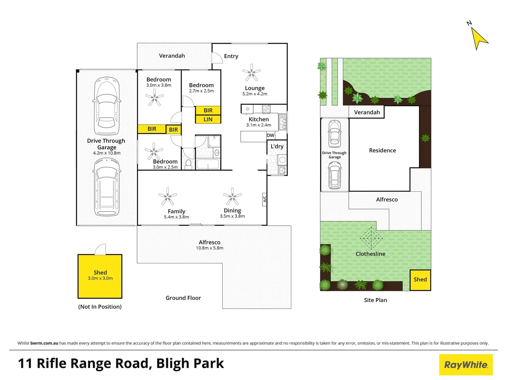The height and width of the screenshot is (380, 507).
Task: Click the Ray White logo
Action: point(466,365)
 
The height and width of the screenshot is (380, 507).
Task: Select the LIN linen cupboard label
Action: point(208,119)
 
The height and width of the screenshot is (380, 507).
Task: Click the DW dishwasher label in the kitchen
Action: point(270,135)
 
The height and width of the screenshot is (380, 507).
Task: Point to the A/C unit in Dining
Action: point(264,199)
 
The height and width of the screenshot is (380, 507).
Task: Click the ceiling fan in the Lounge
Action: point(251,72)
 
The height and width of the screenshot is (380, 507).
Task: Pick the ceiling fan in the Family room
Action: point(167,197)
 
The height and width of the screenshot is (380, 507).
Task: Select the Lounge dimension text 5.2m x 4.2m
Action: point(254,94)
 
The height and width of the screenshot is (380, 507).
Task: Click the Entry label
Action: point(231,56)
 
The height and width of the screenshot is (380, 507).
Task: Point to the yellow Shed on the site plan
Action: point(420,280)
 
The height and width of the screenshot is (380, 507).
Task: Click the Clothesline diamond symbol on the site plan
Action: point(371,239)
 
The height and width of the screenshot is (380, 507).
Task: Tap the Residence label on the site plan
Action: point(382,151)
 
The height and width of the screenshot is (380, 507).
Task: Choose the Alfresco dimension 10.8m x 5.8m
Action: point(209,248)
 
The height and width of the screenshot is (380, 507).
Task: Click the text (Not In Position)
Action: point(100,307)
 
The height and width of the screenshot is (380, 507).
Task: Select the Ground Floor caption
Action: point(183,298)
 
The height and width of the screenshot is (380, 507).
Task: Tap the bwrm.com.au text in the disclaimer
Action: point(44,343)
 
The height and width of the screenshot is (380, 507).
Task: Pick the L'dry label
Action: point(277,146)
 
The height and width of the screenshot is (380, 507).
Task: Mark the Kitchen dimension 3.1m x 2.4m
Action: point(259,125)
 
